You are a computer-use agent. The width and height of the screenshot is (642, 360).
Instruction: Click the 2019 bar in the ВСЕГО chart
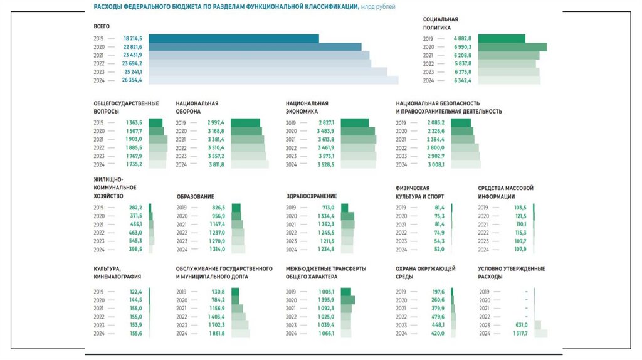(x=233, y=39)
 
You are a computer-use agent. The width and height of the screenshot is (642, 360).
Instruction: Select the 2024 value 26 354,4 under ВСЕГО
(x=132, y=80)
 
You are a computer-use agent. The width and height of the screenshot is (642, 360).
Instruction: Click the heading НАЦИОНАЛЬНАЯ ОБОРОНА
(x=197, y=107)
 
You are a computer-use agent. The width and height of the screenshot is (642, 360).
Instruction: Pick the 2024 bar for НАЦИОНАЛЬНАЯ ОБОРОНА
(x=250, y=165)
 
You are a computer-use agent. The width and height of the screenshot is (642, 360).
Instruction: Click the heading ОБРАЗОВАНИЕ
(x=195, y=196)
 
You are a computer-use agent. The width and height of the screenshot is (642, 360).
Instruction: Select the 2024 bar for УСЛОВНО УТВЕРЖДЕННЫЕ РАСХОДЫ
(x=540, y=334)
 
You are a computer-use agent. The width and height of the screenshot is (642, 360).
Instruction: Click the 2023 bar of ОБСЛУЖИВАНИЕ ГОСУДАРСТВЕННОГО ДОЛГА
(x=239, y=325)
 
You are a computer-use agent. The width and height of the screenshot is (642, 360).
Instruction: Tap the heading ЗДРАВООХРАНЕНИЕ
(x=312, y=196)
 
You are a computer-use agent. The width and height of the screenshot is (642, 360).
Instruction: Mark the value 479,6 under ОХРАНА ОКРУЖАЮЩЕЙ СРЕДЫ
(x=437, y=317)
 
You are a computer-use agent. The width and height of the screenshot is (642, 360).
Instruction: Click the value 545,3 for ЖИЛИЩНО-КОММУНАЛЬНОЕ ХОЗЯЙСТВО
(x=135, y=241)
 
